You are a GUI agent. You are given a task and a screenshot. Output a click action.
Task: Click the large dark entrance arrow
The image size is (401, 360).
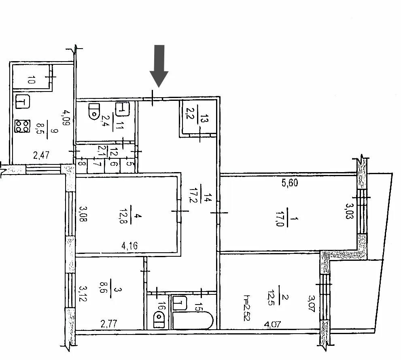click(159, 66)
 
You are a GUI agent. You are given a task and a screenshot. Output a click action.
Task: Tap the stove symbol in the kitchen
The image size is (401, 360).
click(22, 126)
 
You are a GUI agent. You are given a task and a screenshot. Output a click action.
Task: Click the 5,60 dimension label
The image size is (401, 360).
click(290, 183)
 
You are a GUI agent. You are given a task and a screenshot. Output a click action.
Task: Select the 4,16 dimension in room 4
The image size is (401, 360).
click(129, 246)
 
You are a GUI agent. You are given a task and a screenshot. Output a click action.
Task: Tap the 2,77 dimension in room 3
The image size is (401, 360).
click(109, 324)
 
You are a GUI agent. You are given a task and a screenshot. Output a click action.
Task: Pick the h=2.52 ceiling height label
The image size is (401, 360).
click(248, 308)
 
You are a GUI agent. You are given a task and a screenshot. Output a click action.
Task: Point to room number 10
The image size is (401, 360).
click(31, 80)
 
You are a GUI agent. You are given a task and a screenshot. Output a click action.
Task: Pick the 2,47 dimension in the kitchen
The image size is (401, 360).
click(41, 155)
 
